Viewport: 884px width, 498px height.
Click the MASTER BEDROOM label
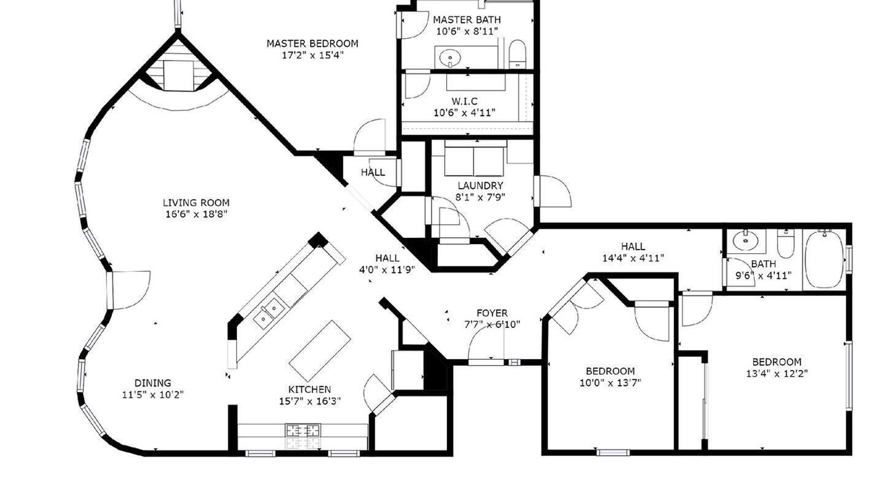point(312,44)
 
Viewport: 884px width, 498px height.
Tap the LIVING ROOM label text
point(196,203)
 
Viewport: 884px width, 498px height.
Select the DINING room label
point(153,383)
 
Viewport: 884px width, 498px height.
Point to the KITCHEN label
point(309,389)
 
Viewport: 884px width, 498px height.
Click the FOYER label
point(492,313)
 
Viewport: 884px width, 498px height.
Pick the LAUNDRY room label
point(480,185)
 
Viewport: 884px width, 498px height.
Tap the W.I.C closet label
point(465,101)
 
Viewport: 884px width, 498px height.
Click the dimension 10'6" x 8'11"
point(467,31)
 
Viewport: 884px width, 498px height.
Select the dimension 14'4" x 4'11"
point(633,258)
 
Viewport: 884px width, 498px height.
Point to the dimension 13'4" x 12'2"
point(777,373)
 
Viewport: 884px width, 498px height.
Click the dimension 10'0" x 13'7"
point(610,382)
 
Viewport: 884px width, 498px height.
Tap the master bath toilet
point(517,54)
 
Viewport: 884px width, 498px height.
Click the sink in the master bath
point(450,59)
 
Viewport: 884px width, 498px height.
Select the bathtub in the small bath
point(824,259)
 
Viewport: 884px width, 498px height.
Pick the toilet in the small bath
point(786,243)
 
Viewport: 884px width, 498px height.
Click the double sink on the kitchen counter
point(268,312)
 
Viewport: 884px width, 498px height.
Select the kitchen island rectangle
point(320,345)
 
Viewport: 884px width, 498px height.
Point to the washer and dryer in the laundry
point(474,161)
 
